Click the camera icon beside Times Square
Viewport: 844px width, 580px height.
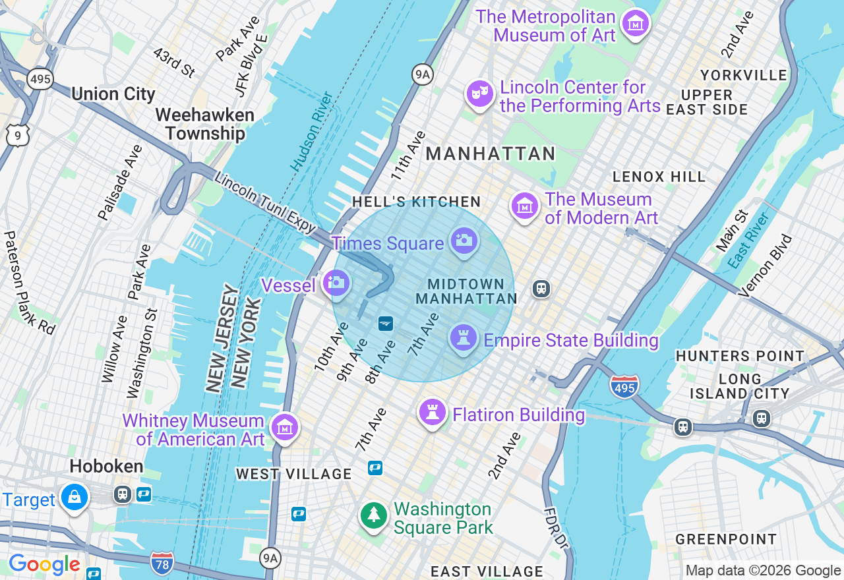click(x=464, y=241)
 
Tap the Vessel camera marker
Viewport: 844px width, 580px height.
click(x=336, y=283)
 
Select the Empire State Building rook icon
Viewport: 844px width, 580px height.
click(x=463, y=338)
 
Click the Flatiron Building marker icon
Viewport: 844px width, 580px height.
click(x=433, y=413)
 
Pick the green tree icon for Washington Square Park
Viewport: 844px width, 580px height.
click(x=375, y=516)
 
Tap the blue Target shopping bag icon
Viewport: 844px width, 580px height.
click(x=75, y=498)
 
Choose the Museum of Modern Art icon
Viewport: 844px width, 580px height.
click(x=524, y=207)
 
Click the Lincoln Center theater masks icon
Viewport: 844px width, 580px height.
click(x=479, y=94)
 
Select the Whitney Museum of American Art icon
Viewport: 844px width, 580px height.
click(x=285, y=428)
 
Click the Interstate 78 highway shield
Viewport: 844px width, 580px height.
click(x=162, y=563)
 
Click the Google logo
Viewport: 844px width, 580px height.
click(x=44, y=565)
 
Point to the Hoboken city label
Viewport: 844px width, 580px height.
click(x=106, y=467)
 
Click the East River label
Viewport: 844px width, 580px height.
click(x=748, y=240)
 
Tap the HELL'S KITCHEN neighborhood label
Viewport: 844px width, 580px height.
click(x=416, y=202)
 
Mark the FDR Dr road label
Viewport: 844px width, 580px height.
click(x=557, y=528)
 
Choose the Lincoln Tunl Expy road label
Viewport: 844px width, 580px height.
click(x=265, y=202)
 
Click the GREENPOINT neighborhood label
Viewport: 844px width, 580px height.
click(x=726, y=539)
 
